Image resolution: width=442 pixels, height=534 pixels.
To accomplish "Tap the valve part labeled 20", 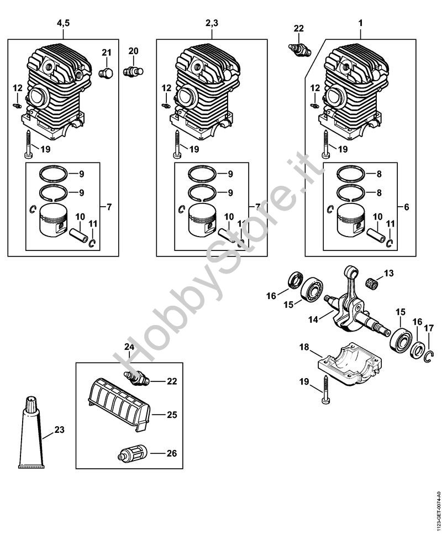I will pyautogui.click(x=133, y=71).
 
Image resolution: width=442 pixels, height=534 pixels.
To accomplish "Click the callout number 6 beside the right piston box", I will pyautogui.click(x=406, y=207).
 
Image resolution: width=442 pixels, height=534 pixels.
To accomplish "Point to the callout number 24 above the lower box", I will pyautogui.click(x=129, y=347).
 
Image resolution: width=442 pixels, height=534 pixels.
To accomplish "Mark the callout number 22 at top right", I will pyautogui.click(x=299, y=29).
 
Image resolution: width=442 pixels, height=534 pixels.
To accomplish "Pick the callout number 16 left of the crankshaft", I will pyautogui.click(x=271, y=296).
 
